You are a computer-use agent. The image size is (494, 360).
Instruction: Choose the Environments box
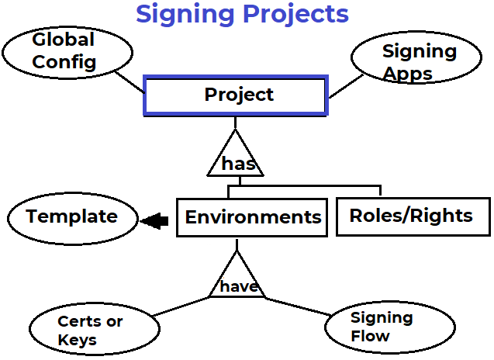pyautogui.click(x=253, y=217)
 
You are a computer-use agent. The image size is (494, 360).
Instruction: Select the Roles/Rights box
pyautogui.click(x=412, y=216)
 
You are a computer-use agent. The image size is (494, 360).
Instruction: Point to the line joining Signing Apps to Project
pyautogui.click(x=341, y=87)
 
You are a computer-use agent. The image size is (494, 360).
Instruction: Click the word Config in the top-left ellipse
pyautogui.click(x=64, y=63)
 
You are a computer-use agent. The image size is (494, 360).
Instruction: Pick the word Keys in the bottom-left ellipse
pyautogui.click(x=77, y=340)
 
